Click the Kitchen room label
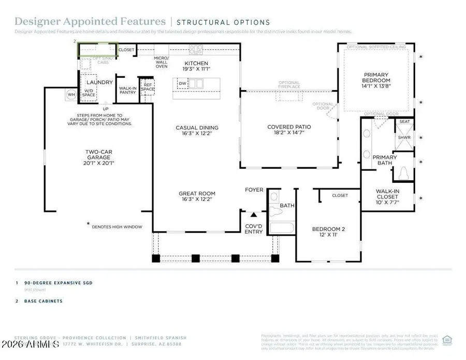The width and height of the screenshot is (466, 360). (x=197, y=66)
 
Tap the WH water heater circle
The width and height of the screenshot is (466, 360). (x=71, y=95)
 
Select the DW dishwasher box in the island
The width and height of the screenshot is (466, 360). (x=182, y=83)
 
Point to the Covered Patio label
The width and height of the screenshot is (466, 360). (x=289, y=130)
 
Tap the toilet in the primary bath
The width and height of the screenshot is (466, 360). (x=402, y=173)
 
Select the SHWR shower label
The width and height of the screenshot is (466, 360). (x=404, y=138)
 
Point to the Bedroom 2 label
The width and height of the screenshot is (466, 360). (x=328, y=232)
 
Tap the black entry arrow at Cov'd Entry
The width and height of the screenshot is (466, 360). (x=254, y=214)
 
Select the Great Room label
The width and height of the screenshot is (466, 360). (x=197, y=197)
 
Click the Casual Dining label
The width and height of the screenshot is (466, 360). (x=197, y=131)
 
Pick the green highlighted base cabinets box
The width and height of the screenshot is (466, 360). (x=97, y=50)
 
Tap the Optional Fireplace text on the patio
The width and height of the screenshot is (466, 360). (x=289, y=85)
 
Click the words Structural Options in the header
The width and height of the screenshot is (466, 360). (x=223, y=22)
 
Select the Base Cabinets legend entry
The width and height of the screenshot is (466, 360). (x=43, y=301)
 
